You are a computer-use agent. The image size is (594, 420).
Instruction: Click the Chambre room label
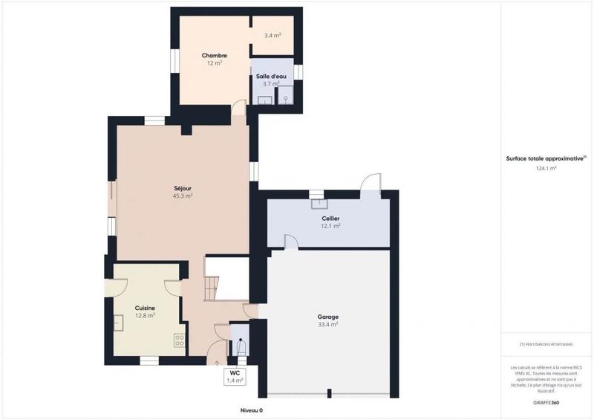[x=214, y=56]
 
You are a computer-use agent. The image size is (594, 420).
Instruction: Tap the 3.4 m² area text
[x=272, y=35]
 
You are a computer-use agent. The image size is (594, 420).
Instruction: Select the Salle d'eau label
[x=272, y=77]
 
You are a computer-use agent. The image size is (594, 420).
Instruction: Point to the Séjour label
[x=182, y=189]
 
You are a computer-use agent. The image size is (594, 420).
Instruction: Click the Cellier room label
[x=330, y=218]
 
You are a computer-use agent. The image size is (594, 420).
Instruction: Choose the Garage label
[x=327, y=317]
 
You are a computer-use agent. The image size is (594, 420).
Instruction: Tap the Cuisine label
[x=145, y=308]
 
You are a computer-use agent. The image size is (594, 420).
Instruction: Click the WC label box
[x=234, y=376]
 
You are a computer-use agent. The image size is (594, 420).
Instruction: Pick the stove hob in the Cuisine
[x=179, y=340]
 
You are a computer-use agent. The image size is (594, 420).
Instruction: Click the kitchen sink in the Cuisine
[x=118, y=322]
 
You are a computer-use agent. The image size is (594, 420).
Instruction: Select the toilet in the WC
[x=239, y=347]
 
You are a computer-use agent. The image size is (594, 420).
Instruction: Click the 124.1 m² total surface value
[x=546, y=169]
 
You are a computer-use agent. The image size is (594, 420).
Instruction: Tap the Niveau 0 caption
[x=251, y=410]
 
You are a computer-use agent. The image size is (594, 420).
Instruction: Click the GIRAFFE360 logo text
[x=546, y=401]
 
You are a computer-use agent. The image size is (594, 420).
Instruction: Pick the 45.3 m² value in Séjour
[x=182, y=197]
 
